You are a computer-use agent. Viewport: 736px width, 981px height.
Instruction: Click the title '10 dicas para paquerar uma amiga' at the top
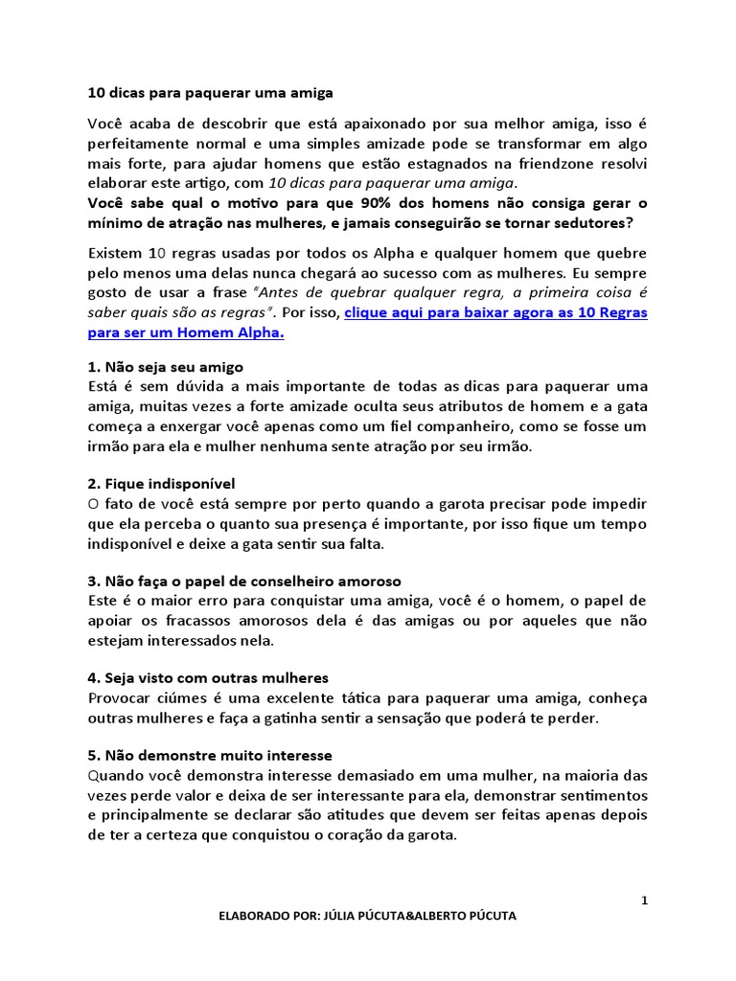coord(210,93)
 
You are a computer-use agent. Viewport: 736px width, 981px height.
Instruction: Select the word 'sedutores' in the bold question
coord(578,222)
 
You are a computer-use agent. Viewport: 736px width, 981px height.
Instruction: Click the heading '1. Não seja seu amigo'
coord(166,367)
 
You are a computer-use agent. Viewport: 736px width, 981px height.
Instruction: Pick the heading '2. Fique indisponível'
coord(161,483)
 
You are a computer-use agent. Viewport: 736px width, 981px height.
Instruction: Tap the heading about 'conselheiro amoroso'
coord(244,582)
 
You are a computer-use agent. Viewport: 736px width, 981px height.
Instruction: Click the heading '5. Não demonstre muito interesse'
coord(210,756)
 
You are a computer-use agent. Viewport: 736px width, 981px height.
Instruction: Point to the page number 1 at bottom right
coord(645,901)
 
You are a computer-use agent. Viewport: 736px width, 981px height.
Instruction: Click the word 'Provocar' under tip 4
coord(119,698)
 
